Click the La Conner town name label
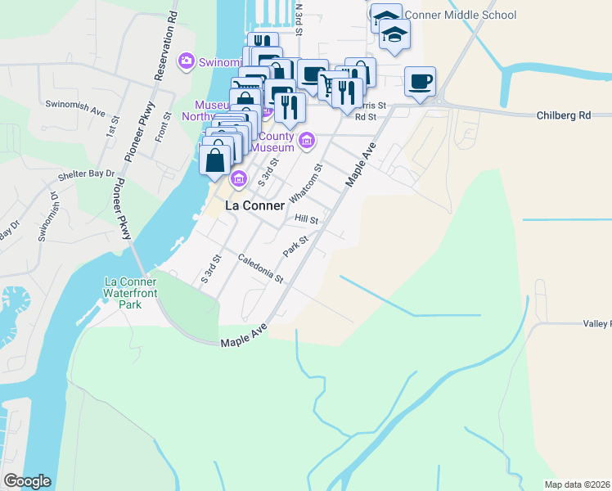[254, 205]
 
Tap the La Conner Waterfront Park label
[130, 293]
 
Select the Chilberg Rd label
[563, 115]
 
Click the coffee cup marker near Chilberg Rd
[420, 82]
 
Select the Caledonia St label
[260, 269]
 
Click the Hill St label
[307, 220]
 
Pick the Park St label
[295, 246]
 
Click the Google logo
[27, 481]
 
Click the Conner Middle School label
[461, 15]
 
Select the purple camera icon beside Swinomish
[187, 61]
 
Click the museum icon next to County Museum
[307, 140]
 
